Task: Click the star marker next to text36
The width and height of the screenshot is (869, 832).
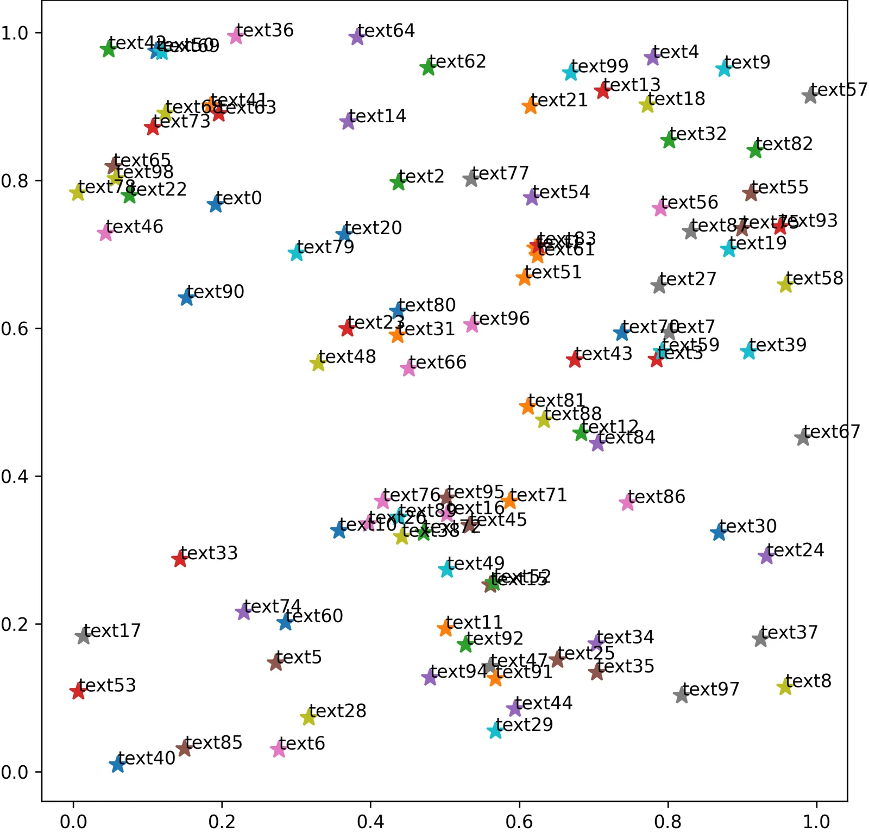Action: point(235,36)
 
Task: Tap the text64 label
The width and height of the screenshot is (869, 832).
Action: point(386,31)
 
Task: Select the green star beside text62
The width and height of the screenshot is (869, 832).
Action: point(428,68)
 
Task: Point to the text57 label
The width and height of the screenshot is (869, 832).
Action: point(839,90)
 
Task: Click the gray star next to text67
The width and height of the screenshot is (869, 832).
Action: point(803,437)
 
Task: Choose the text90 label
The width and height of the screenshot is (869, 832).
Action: point(216,292)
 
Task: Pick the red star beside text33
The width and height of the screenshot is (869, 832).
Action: point(180,559)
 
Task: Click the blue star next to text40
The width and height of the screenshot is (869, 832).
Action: point(117,764)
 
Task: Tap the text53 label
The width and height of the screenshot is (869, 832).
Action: point(107,685)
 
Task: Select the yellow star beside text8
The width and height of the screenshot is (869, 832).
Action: point(784,687)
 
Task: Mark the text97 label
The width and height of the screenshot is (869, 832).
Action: point(710,690)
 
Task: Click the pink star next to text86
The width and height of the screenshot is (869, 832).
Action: point(627,503)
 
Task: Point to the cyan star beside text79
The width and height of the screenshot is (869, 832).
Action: point(296,253)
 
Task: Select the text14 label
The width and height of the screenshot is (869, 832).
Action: point(377,116)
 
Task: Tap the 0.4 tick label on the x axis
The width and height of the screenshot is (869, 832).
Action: point(370,821)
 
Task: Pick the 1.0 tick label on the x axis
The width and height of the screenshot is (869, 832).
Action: point(816,821)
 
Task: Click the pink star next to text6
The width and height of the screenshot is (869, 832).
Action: point(278,749)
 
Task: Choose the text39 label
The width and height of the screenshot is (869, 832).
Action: point(778,345)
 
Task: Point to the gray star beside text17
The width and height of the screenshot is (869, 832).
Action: point(83,636)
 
